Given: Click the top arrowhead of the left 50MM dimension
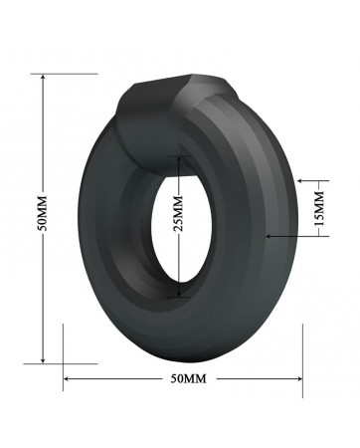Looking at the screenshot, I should pyautogui.click(x=42, y=76).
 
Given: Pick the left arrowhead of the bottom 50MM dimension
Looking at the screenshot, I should pyautogui.click(x=67, y=379).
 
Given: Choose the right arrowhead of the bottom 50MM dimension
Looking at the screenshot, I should pyautogui.click(x=299, y=379).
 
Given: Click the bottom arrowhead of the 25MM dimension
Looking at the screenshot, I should pyautogui.click(x=179, y=296).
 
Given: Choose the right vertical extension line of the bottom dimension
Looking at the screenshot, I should pyautogui.click(x=302, y=358).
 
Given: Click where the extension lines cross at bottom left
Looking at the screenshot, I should pyautogui.click(x=63, y=363).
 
